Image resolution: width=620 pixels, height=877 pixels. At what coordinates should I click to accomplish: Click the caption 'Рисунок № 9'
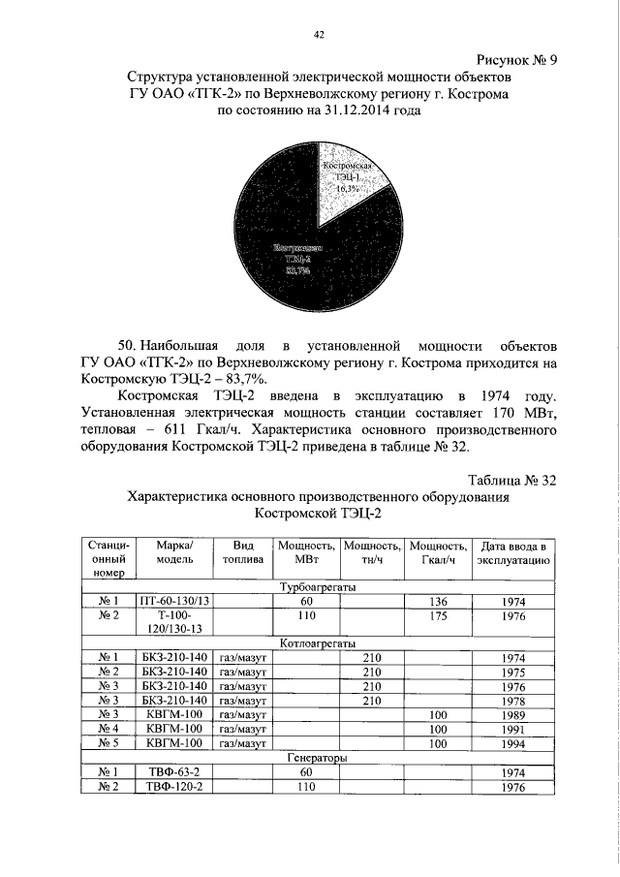[x=515, y=59]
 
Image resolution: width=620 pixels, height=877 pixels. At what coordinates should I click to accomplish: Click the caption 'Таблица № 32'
[x=511, y=481]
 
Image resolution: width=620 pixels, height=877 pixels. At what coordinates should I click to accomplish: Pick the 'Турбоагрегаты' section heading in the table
[x=317, y=587]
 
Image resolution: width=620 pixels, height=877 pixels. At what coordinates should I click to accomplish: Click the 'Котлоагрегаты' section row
[x=317, y=642]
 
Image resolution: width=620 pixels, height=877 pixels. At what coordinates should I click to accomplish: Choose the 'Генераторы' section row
[x=317, y=758]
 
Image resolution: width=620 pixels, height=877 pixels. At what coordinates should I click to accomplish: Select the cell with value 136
[x=438, y=602]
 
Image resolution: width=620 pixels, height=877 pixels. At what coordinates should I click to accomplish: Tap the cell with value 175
[x=438, y=616]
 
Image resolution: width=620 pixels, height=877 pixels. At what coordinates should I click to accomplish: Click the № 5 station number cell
[x=108, y=743]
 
